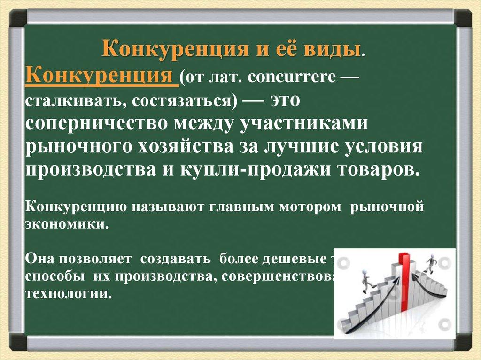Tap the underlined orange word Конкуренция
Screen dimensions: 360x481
coord(101,76)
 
